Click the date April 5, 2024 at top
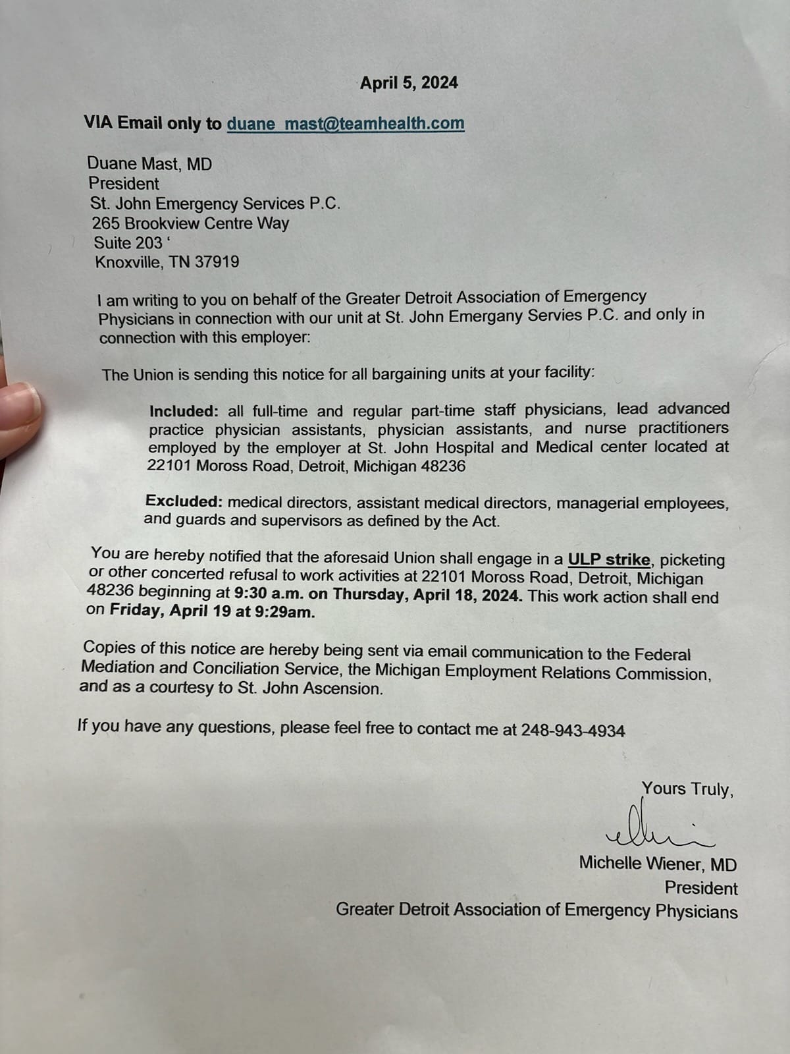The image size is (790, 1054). pyautogui.click(x=409, y=83)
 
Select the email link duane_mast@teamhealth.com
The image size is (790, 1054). pyautogui.click(x=346, y=124)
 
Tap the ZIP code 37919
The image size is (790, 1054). pyautogui.click(x=217, y=262)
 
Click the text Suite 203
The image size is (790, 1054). pyautogui.click(x=128, y=242)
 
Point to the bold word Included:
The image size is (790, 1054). pyautogui.click(x=184, y=411)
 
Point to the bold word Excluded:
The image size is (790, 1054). pyautogui.click(x=184, y=501)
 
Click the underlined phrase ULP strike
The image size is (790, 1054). pyautogui.click(x=609, y=560)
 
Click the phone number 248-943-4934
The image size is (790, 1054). pyautogui.click(x=573, y=730)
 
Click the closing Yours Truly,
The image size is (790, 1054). pyautogui.click(x=687, y=789)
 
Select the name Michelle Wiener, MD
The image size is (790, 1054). pyautogui.click(x=658, y=863)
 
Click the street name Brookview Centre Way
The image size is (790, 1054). pyautogui.click(x=207, y=223)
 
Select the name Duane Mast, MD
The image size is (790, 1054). pyautogui.click(x=150, y=163)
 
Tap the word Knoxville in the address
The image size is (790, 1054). pyautogui.click(x=127, y=262)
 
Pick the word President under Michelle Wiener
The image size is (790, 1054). pyautogui.click(x=700, y=888)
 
